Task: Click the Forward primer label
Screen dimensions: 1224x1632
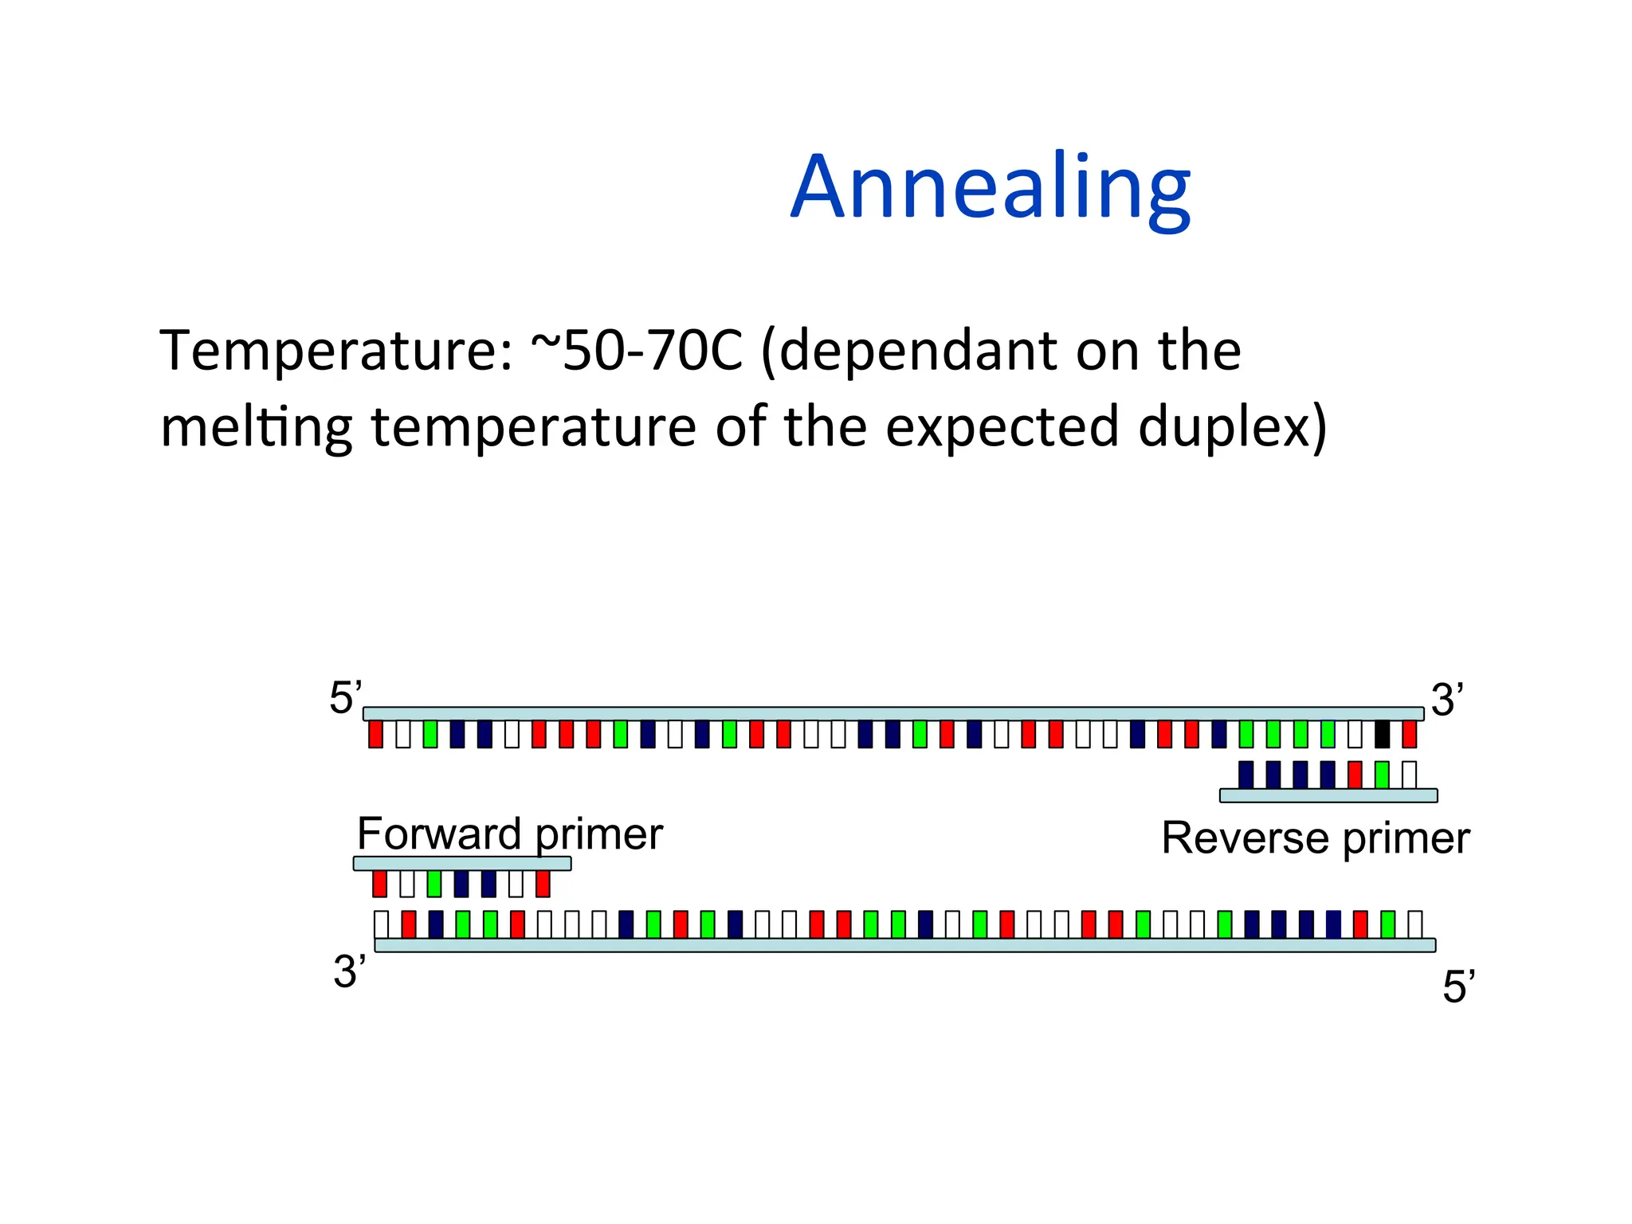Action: point(509,834)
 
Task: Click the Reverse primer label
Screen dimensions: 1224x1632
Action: point(1315,838)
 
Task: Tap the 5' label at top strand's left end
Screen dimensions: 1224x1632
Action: point(345,698)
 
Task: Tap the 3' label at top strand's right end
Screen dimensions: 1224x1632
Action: point(1446,700)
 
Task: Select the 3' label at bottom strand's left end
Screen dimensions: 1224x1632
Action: point(350,971)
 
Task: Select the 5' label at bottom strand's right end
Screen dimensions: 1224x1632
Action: point(1458,987)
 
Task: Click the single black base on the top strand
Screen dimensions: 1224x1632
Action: point(1382,734)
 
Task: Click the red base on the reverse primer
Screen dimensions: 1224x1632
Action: point(1355,775)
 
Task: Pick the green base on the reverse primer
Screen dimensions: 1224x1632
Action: point(1382,775)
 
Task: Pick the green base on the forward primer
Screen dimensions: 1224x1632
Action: point(433,884)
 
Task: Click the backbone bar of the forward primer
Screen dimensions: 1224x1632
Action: point(462,863)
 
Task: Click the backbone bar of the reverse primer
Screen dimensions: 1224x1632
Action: point(1328,795)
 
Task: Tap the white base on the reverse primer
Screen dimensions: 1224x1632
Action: point(1409,775)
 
